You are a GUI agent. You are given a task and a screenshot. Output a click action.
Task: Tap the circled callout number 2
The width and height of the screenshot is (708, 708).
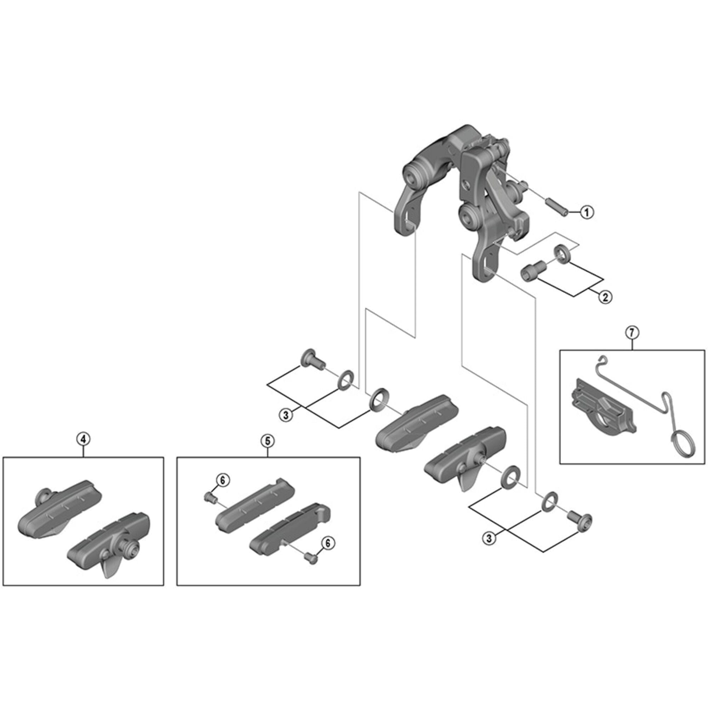[605, 297]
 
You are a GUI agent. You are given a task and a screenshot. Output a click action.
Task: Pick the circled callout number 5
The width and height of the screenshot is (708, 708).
[268, 441]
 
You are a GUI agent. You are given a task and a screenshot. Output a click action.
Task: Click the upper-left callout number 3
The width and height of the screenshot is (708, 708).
[286, 415]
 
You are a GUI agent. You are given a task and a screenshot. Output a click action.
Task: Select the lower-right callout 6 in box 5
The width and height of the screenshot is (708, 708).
[327, 543]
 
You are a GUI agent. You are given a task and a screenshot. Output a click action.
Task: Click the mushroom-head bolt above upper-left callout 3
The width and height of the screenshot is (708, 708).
[312, 358]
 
